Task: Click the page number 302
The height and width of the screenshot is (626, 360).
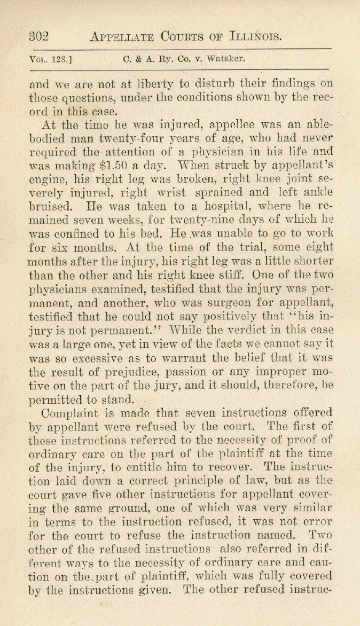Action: [x=38, y=36]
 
